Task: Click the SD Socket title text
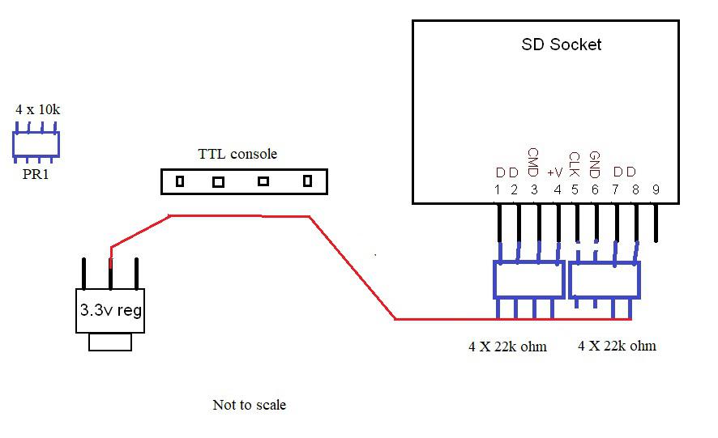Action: [561, 45]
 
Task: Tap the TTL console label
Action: [237, 154]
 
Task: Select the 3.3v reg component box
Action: [111, 310]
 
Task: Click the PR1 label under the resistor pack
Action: [36, 173]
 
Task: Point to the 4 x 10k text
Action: [37, 108]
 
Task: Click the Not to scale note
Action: [249, 404]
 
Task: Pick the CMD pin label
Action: [532, 162]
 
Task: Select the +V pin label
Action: [554, 172]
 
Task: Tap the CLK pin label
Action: [574, 164]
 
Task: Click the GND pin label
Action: [594, 164]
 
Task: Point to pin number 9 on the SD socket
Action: [656, 190]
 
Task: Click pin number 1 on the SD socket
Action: [498, 190]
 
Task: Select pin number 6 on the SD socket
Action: [595, 190]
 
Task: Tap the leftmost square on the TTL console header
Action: [180, 182]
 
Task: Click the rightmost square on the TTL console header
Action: [307, 182]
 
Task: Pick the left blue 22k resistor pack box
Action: [528, 280]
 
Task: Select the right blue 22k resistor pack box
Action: [605, 280]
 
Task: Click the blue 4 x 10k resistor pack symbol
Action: [36, 143]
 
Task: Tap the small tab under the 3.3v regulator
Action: [110, 342]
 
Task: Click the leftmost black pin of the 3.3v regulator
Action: [83, 274]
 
